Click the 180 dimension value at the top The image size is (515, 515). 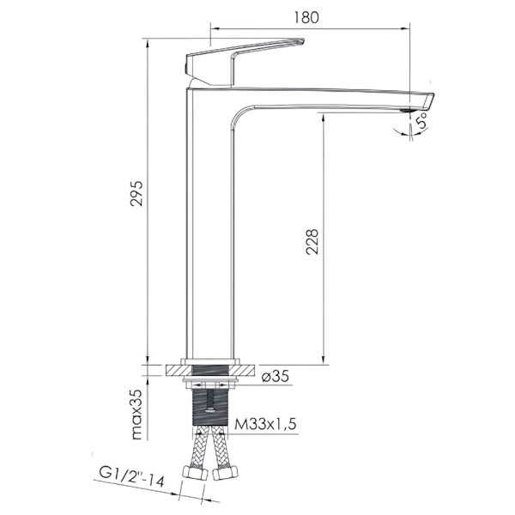(x=306, y=17)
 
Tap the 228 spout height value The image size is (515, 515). (x=312, y=242)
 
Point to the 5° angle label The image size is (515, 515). (x=421, y=120)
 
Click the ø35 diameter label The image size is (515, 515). (x=276, y=377)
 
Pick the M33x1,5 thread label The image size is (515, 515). (x=265, y=424)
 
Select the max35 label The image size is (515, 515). (x=137, y=415)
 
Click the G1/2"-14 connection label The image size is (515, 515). (x=131, y=477)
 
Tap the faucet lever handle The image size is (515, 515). (x=244, y=62)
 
